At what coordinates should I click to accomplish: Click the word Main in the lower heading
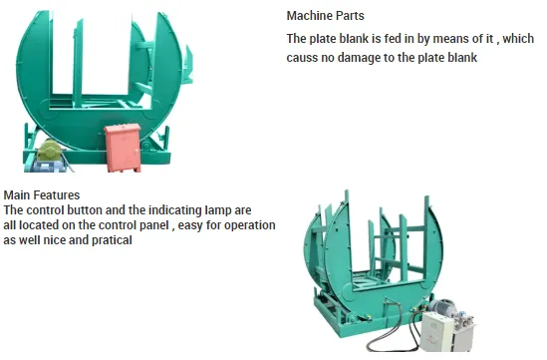click(x=18, y=195)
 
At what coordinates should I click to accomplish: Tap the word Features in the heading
click(x=58, y=195)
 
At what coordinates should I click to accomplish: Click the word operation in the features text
click(x=249, y=225)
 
